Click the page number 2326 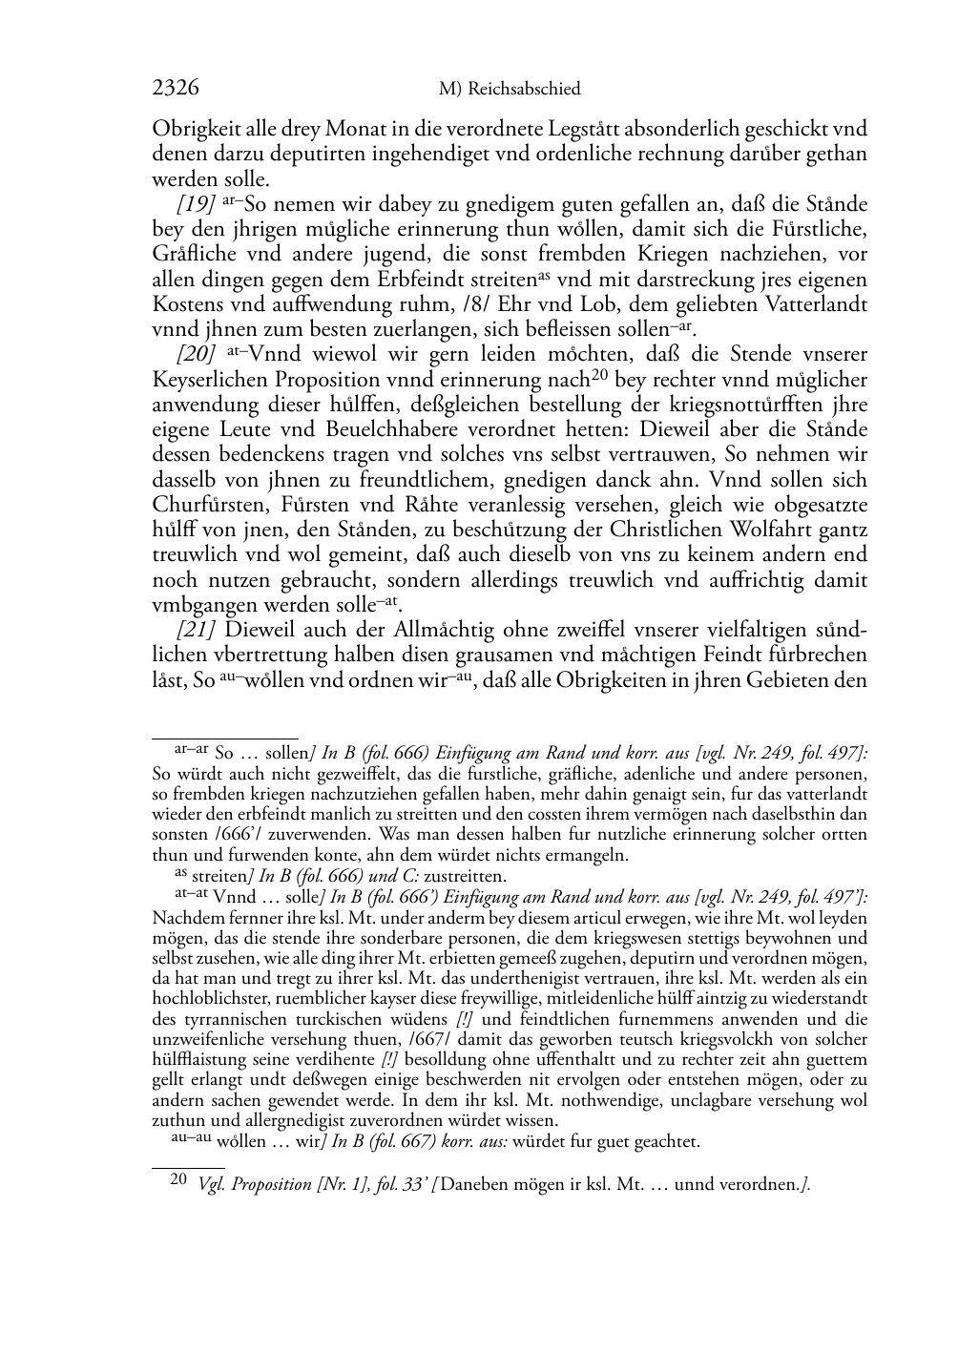tap(176, 89)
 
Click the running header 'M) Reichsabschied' tap(509, 90)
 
